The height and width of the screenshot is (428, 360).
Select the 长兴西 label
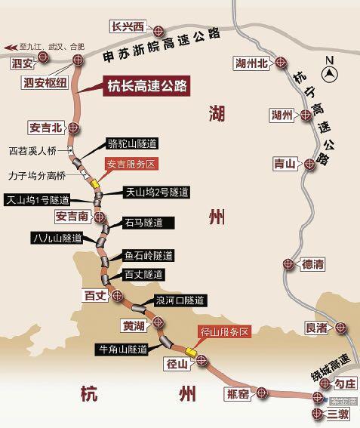pos(127,26)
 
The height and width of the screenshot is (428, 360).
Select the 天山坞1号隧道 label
pos(36,200)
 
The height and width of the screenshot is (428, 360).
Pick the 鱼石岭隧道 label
pos(149,255)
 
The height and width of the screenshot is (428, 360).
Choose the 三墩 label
pos(339,414)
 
